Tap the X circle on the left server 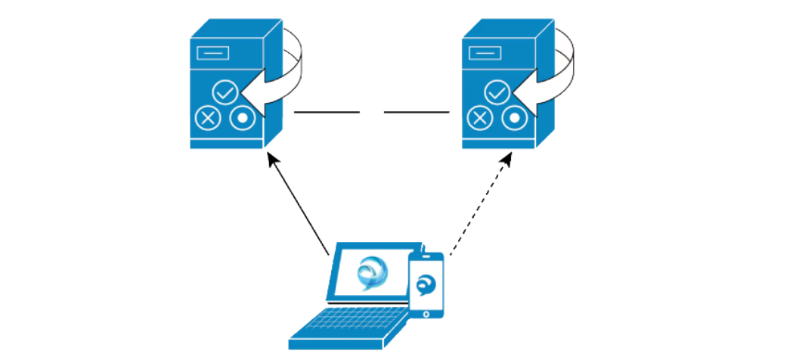click(x=207, y=118)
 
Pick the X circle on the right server click(x=479, y=118)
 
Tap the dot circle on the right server click(x=514, y=118)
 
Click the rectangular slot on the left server click(x=211, y=54)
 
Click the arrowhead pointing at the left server click(x=271, y=157)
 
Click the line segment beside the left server click(x=327, y=113)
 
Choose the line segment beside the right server click(x=417, y=113)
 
